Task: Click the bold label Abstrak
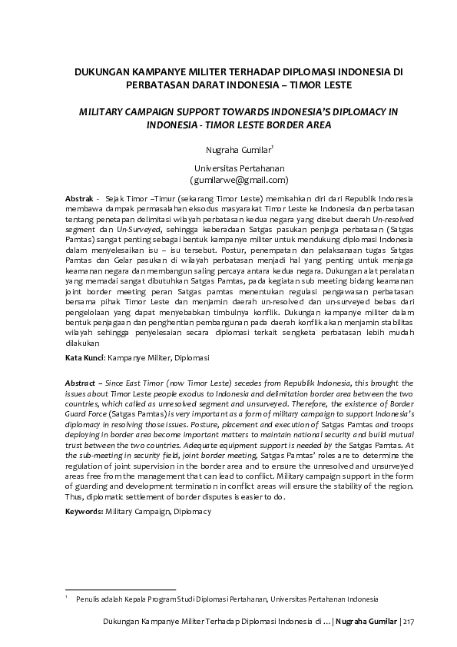click(79, 198)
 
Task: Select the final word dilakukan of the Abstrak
click(82, 343)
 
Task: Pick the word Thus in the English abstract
click(75, 496)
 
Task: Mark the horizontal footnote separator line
click(121, 589)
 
